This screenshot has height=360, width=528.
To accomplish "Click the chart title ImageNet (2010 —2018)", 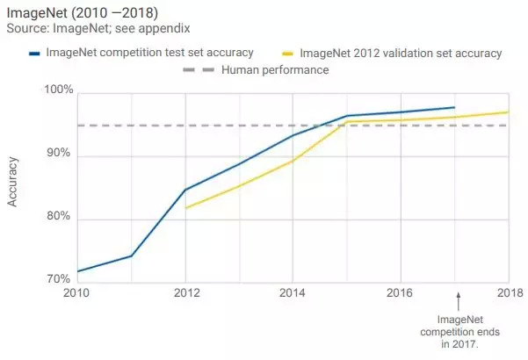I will click(x=82, y=11).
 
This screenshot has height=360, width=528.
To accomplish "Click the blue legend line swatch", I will click(x=34, y=54).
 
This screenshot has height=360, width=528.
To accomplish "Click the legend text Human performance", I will click(x=275, y=69).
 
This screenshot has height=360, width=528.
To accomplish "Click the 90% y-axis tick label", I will click(x=60, y=154).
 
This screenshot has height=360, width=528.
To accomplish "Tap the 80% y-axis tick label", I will click(x=60, y=216).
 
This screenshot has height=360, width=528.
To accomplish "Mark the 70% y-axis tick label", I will click(x=60, y=279).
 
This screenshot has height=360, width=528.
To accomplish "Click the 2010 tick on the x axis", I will click(x=77, y=292).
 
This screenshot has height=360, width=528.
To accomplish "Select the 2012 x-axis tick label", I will click(x=185, y=292).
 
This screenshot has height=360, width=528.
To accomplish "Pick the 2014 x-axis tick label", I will click(x=293, y=292).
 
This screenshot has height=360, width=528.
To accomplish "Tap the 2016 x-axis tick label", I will click(x=401, y=292).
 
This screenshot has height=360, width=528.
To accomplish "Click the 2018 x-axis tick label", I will click(x=508, y=292).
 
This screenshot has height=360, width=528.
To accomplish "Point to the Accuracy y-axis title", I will click(x=13, y=182).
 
